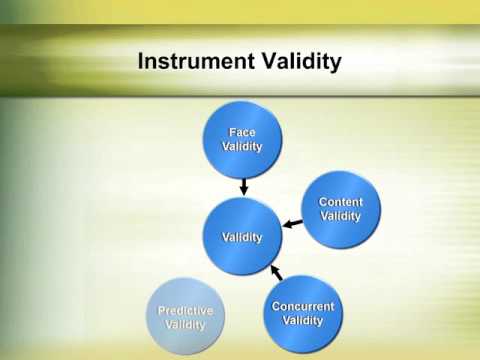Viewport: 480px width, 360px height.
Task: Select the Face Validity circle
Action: coord(242,139)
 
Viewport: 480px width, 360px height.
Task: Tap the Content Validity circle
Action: coord(341,209)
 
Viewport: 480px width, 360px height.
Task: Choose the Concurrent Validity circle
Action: coord(303,313)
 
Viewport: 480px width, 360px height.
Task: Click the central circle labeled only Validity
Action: coord(242,237)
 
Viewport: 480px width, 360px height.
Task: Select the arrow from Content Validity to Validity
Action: coord(291,224)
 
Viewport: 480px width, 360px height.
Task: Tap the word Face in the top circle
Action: coord(242,132)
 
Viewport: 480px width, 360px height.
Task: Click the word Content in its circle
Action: coord(341,202)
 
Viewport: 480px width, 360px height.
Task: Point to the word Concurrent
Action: coord(303,306)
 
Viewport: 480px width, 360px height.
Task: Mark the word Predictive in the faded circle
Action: coord(186,311)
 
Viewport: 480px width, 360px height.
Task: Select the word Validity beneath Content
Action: coord(341,216)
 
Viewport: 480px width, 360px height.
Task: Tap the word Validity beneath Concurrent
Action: coord(303,320)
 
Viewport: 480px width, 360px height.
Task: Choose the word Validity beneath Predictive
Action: coord(186,325)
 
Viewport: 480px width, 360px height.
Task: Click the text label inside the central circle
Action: coord(242,237)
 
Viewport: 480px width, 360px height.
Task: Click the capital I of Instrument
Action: coord(141,62)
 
